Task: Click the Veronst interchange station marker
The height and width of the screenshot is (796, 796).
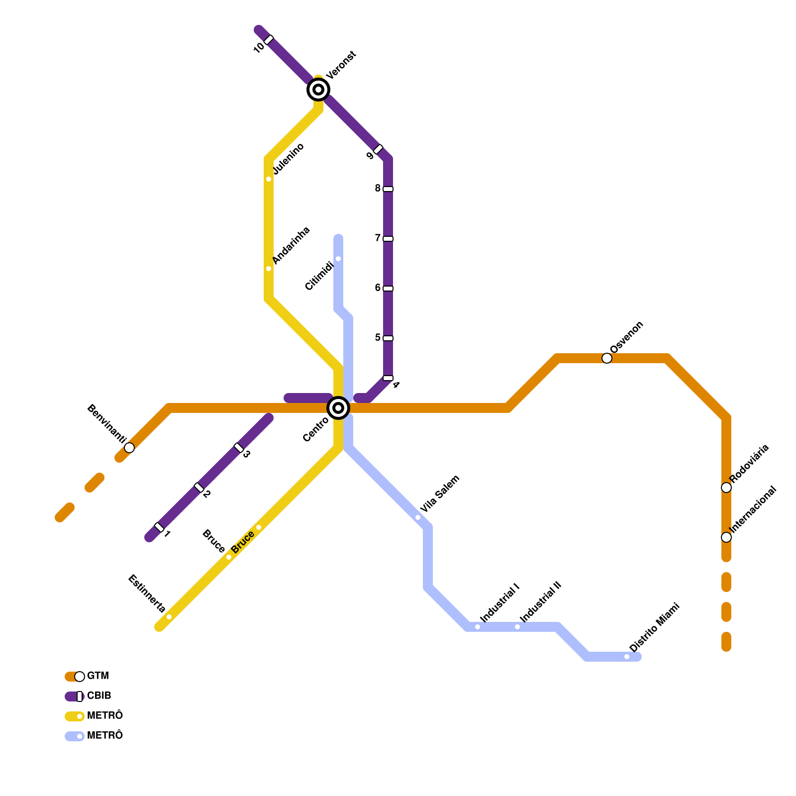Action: (318, 90)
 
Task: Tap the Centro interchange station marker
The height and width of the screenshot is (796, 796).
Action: (338, 408)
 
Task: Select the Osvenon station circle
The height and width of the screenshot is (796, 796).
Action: (607, 358)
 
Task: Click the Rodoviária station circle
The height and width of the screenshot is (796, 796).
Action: (726, 488)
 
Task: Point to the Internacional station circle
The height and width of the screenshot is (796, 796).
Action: (726, 537)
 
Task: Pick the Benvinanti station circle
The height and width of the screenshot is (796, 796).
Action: (129, 448)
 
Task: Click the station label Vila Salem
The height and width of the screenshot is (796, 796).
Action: (440, 494)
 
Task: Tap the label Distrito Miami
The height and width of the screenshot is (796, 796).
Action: (654, 628)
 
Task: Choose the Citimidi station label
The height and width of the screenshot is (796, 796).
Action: (319, 276)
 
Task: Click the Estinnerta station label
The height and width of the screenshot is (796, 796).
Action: (147, 594)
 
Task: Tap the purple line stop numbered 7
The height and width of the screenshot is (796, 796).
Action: (388, 239)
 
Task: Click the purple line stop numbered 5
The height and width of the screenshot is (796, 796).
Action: (388, 338)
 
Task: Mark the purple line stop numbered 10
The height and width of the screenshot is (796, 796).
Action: (269, 40)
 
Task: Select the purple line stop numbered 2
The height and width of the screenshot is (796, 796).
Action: (199, 488)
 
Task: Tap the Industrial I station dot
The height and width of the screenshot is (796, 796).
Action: (478, 627)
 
